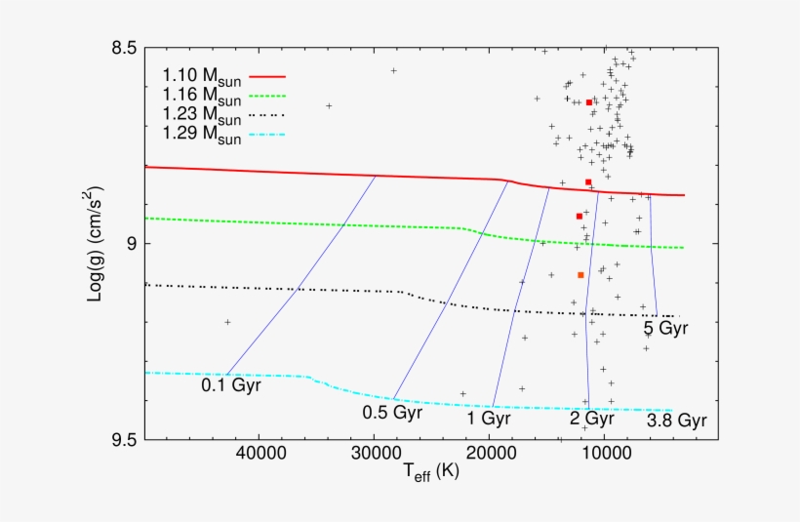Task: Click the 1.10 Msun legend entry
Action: coord(202,75)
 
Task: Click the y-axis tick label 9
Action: coord(130,244)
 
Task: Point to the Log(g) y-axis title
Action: coord(97,244)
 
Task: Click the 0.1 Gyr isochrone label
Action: coord(232,385)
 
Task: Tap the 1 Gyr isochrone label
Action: coord(489,420)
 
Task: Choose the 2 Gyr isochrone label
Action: coord(592,420)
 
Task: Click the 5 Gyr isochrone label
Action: coord(665,329)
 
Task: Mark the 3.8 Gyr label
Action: coord(676,422)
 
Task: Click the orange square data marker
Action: coord(580,275)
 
